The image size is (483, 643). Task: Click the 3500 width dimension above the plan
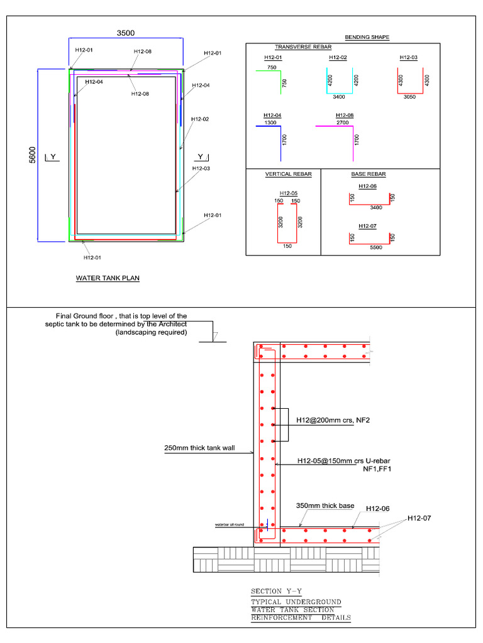(125, 33)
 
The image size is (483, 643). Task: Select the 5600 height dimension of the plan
(31, 154)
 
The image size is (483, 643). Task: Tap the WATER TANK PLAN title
(108, 278)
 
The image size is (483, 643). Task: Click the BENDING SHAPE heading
(367, 37)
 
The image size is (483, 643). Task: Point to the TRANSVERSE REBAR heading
(303, 47)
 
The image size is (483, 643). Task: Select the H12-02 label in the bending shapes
(338, 58)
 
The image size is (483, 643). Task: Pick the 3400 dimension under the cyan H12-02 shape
(338, 98)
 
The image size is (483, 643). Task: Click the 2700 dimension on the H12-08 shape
(342, 122)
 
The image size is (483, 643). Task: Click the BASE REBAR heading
(369, 174)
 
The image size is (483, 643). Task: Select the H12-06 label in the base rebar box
(368, 186)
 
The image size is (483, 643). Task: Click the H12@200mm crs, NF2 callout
(333, 420)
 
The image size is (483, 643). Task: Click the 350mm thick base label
(325, 505)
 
